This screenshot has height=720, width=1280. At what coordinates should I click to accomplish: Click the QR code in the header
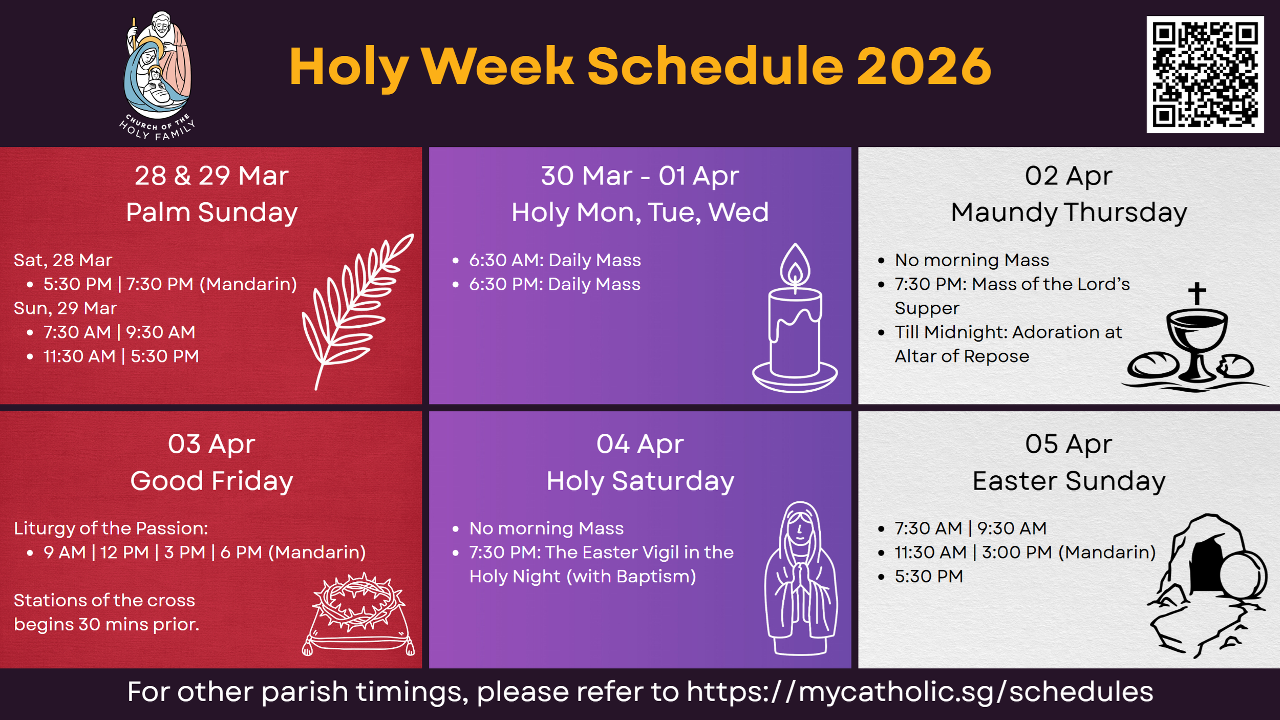click(1205, 75)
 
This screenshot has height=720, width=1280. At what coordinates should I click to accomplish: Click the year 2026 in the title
click(924, 67)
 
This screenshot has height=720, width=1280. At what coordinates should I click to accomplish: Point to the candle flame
click(795, 266)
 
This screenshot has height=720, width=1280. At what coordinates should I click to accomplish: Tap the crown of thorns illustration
click(358, 602)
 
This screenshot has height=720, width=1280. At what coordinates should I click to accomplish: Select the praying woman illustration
click(801, 579)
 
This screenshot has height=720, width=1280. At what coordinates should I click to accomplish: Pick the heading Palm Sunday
click(211, 213)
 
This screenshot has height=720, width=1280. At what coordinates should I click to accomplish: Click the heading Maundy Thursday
click(1069, 213)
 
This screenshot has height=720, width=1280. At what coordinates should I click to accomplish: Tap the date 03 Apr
click(211, 444)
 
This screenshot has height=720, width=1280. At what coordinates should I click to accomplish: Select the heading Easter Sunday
click(1069, 481)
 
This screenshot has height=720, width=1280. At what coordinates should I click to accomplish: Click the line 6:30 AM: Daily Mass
click(554, 260)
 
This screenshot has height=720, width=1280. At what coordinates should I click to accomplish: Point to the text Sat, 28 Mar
click(62, 260)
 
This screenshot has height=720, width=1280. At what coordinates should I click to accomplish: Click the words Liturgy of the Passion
click(111, 528)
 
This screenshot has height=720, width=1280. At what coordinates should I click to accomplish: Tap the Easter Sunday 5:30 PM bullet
click(928, 577)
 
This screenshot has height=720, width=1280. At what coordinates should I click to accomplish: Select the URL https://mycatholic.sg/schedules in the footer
click(920, 692)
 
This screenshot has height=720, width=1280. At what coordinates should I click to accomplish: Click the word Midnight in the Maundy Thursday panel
click(964, 332)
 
